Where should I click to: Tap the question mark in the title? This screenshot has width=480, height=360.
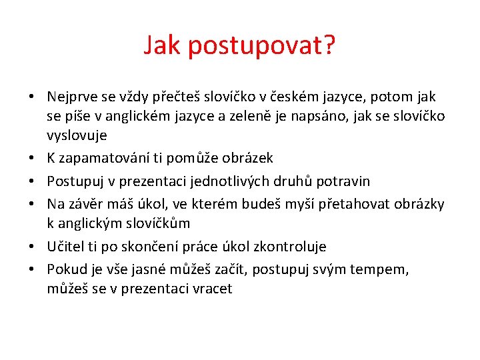coord(329,46)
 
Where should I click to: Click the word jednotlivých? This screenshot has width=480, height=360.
coord(231,181)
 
